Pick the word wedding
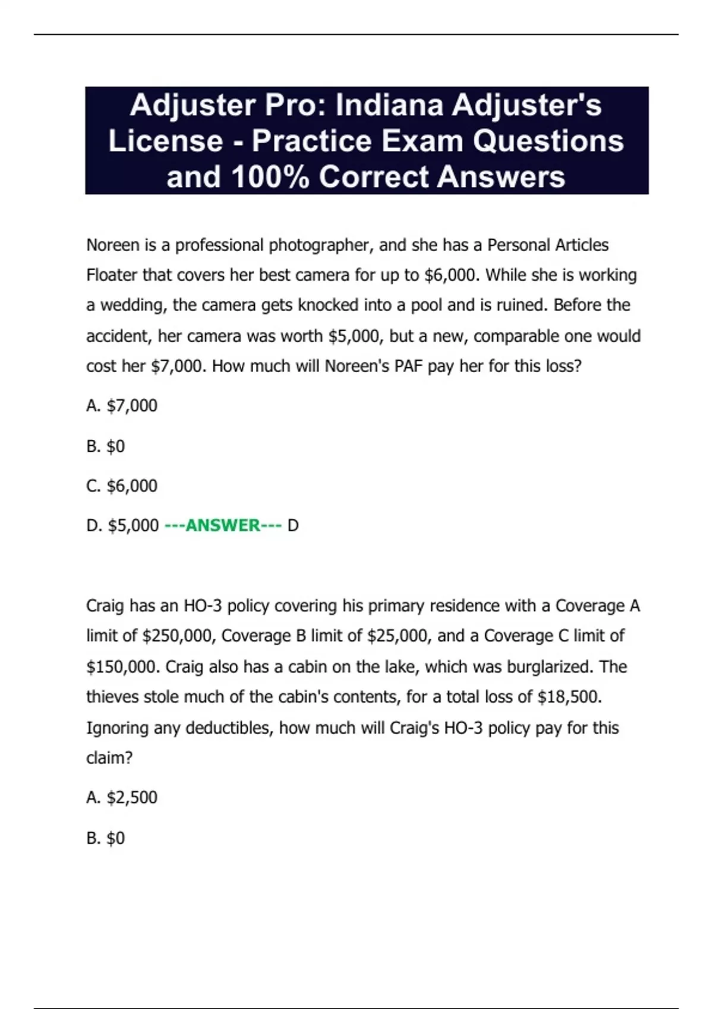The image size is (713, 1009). (x=134, y=305)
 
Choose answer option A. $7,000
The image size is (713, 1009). (x=122, y=406)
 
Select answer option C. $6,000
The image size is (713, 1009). (x=122, y=486)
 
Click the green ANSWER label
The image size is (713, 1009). (x=223, y=526)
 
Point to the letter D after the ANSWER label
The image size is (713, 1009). (x=293, y=526)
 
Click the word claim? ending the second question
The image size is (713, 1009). (x=109, y=758)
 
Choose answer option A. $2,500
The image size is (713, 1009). (x=122, y=798)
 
